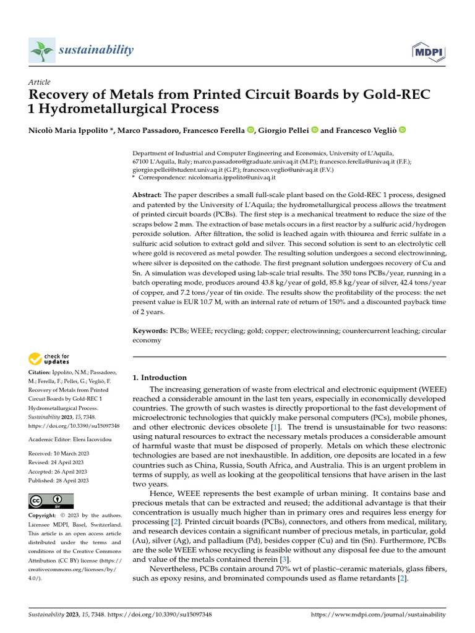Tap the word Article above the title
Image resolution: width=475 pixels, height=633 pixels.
pos(40,82)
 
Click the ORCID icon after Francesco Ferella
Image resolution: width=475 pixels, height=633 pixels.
pos(250,130)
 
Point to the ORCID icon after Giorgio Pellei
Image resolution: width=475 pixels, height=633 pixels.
pos(314,130)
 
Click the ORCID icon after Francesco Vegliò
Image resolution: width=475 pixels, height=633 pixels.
pos(402,130)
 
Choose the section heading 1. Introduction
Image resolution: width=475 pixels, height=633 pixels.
pos(160,378)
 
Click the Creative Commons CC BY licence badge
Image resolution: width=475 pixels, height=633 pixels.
pos(51,501)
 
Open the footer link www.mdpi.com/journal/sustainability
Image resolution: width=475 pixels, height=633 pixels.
pos(377,614)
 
